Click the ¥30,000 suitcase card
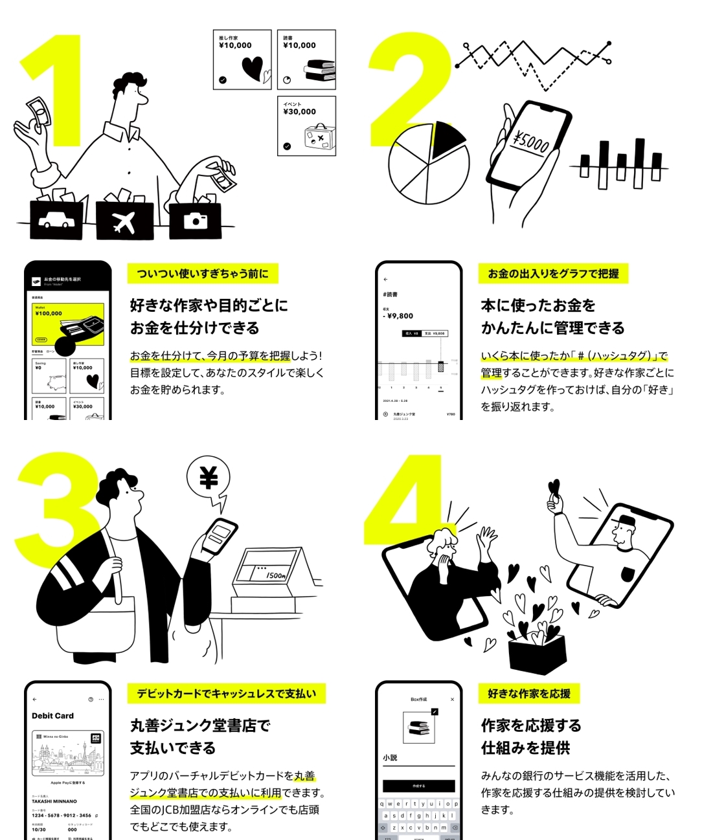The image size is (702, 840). pos(306,126)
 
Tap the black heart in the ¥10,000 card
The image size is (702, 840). pos(252,68)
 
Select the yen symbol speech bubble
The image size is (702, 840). pos(209,479)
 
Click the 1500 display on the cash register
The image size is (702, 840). pos(275,575)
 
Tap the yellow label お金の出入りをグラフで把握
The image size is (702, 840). pos(553,274)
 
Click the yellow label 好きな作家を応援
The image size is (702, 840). pos(529,694)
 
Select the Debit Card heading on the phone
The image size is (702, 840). pos(53,716)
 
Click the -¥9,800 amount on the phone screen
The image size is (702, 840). pos(398,316)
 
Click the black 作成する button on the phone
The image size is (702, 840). pos(418,786)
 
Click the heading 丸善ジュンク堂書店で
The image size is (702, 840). pos(200,725)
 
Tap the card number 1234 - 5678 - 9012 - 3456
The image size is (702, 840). pos(62,815)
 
